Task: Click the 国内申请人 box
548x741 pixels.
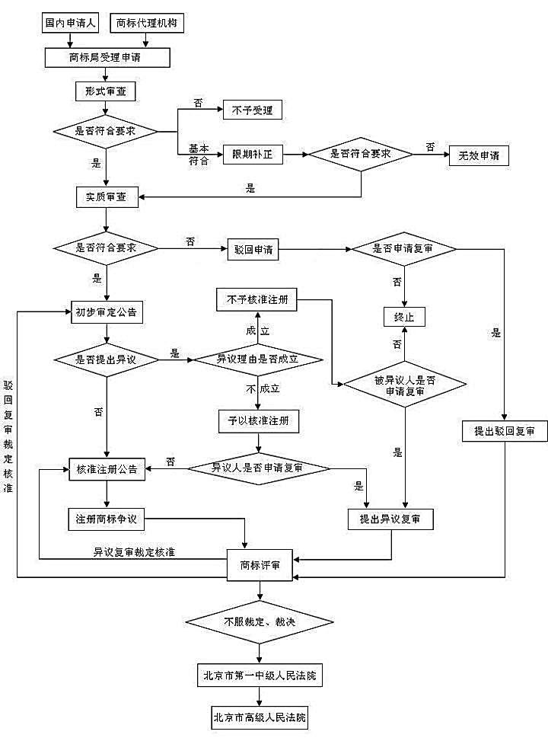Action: (x=69, y=23)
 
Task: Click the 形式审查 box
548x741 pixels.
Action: (x=106, y=91)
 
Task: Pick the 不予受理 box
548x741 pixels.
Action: (x=252, y=110)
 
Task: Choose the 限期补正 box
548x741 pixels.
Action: (x=252, y=155)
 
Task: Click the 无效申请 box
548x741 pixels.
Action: (x=478, y=155)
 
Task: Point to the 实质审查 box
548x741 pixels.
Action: (x=106, y=197)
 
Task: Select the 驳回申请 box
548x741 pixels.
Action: (x=253, y=249)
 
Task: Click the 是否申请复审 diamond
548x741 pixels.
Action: (x=403, y=249)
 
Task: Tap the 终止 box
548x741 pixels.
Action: (x=403, y=316)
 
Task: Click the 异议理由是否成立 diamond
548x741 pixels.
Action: (x=259, y=358)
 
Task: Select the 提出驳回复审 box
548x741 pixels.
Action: (x=504, y=431)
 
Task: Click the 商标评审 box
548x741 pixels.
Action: (x=260, y=565)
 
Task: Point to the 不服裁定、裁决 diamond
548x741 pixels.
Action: (x=260, y=622)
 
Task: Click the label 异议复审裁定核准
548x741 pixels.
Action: (x=134, y=551)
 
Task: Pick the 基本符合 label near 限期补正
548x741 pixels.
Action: (x=198, y=155)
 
